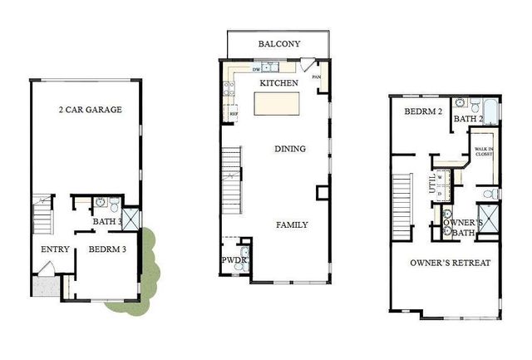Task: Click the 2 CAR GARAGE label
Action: click(91, 110)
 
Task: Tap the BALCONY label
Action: click(278, 44)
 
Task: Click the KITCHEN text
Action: click(278, 84)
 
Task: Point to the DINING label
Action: click(290, 149)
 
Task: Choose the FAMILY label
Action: click(292, 224)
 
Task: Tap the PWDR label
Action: click(230, 260)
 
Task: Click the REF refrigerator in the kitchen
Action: click(234, 112)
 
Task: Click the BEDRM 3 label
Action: click(106, 249)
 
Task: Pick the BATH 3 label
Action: click(108, 222)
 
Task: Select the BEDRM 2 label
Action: click(423, 112)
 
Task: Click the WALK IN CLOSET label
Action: click(485, 153)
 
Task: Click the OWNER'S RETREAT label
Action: click(450, 263)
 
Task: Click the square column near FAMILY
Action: click(323, 194)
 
